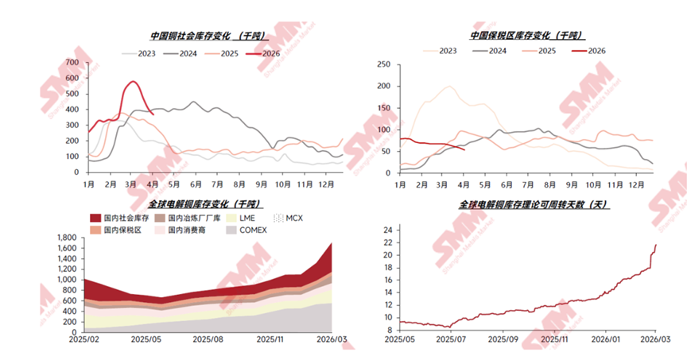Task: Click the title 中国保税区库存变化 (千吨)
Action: tap(526, 36)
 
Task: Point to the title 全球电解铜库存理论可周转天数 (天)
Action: tap(533, 204)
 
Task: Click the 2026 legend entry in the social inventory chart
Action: tap(266, 53)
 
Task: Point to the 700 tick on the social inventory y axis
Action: tap(72, 62)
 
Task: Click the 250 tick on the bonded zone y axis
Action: tap(382, 64)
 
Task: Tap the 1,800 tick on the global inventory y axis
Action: tap(64, 237)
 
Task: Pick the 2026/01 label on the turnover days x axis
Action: tap(606, 338)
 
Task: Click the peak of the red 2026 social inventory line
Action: tap(133, 81)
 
